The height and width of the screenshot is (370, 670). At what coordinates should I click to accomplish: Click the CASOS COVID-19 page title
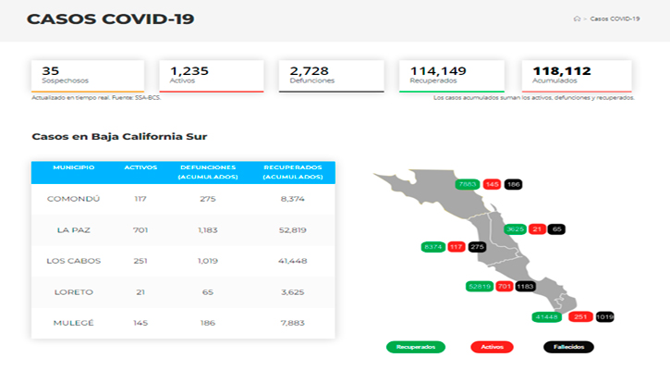coord(110,18)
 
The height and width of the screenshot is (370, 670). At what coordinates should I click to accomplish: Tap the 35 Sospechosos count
coord(51,70)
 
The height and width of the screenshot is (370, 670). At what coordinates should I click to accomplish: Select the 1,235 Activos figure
coord(191,70)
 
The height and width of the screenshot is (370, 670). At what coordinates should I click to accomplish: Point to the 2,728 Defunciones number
coord(309,70)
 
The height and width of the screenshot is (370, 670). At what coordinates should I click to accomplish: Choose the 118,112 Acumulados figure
coord(561,70)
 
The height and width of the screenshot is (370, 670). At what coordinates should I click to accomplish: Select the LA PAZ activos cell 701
coord(140,230)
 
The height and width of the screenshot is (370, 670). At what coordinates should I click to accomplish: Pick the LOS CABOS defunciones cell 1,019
coord(207,261)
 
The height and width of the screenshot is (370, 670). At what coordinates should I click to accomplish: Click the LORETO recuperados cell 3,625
coord(292,292)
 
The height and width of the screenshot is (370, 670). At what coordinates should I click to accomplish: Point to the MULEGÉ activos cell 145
coord(140,323)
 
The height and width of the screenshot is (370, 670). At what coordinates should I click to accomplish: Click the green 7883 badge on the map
coord(468,185)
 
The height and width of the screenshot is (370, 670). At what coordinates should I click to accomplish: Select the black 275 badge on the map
coord(477,247)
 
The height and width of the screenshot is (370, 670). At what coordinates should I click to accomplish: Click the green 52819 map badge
coord(478,287)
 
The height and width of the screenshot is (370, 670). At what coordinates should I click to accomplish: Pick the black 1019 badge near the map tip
coord(604,316)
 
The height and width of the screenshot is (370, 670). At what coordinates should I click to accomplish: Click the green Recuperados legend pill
coord(415,347)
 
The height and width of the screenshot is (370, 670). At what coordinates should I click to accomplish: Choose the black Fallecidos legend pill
coord(563,347)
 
